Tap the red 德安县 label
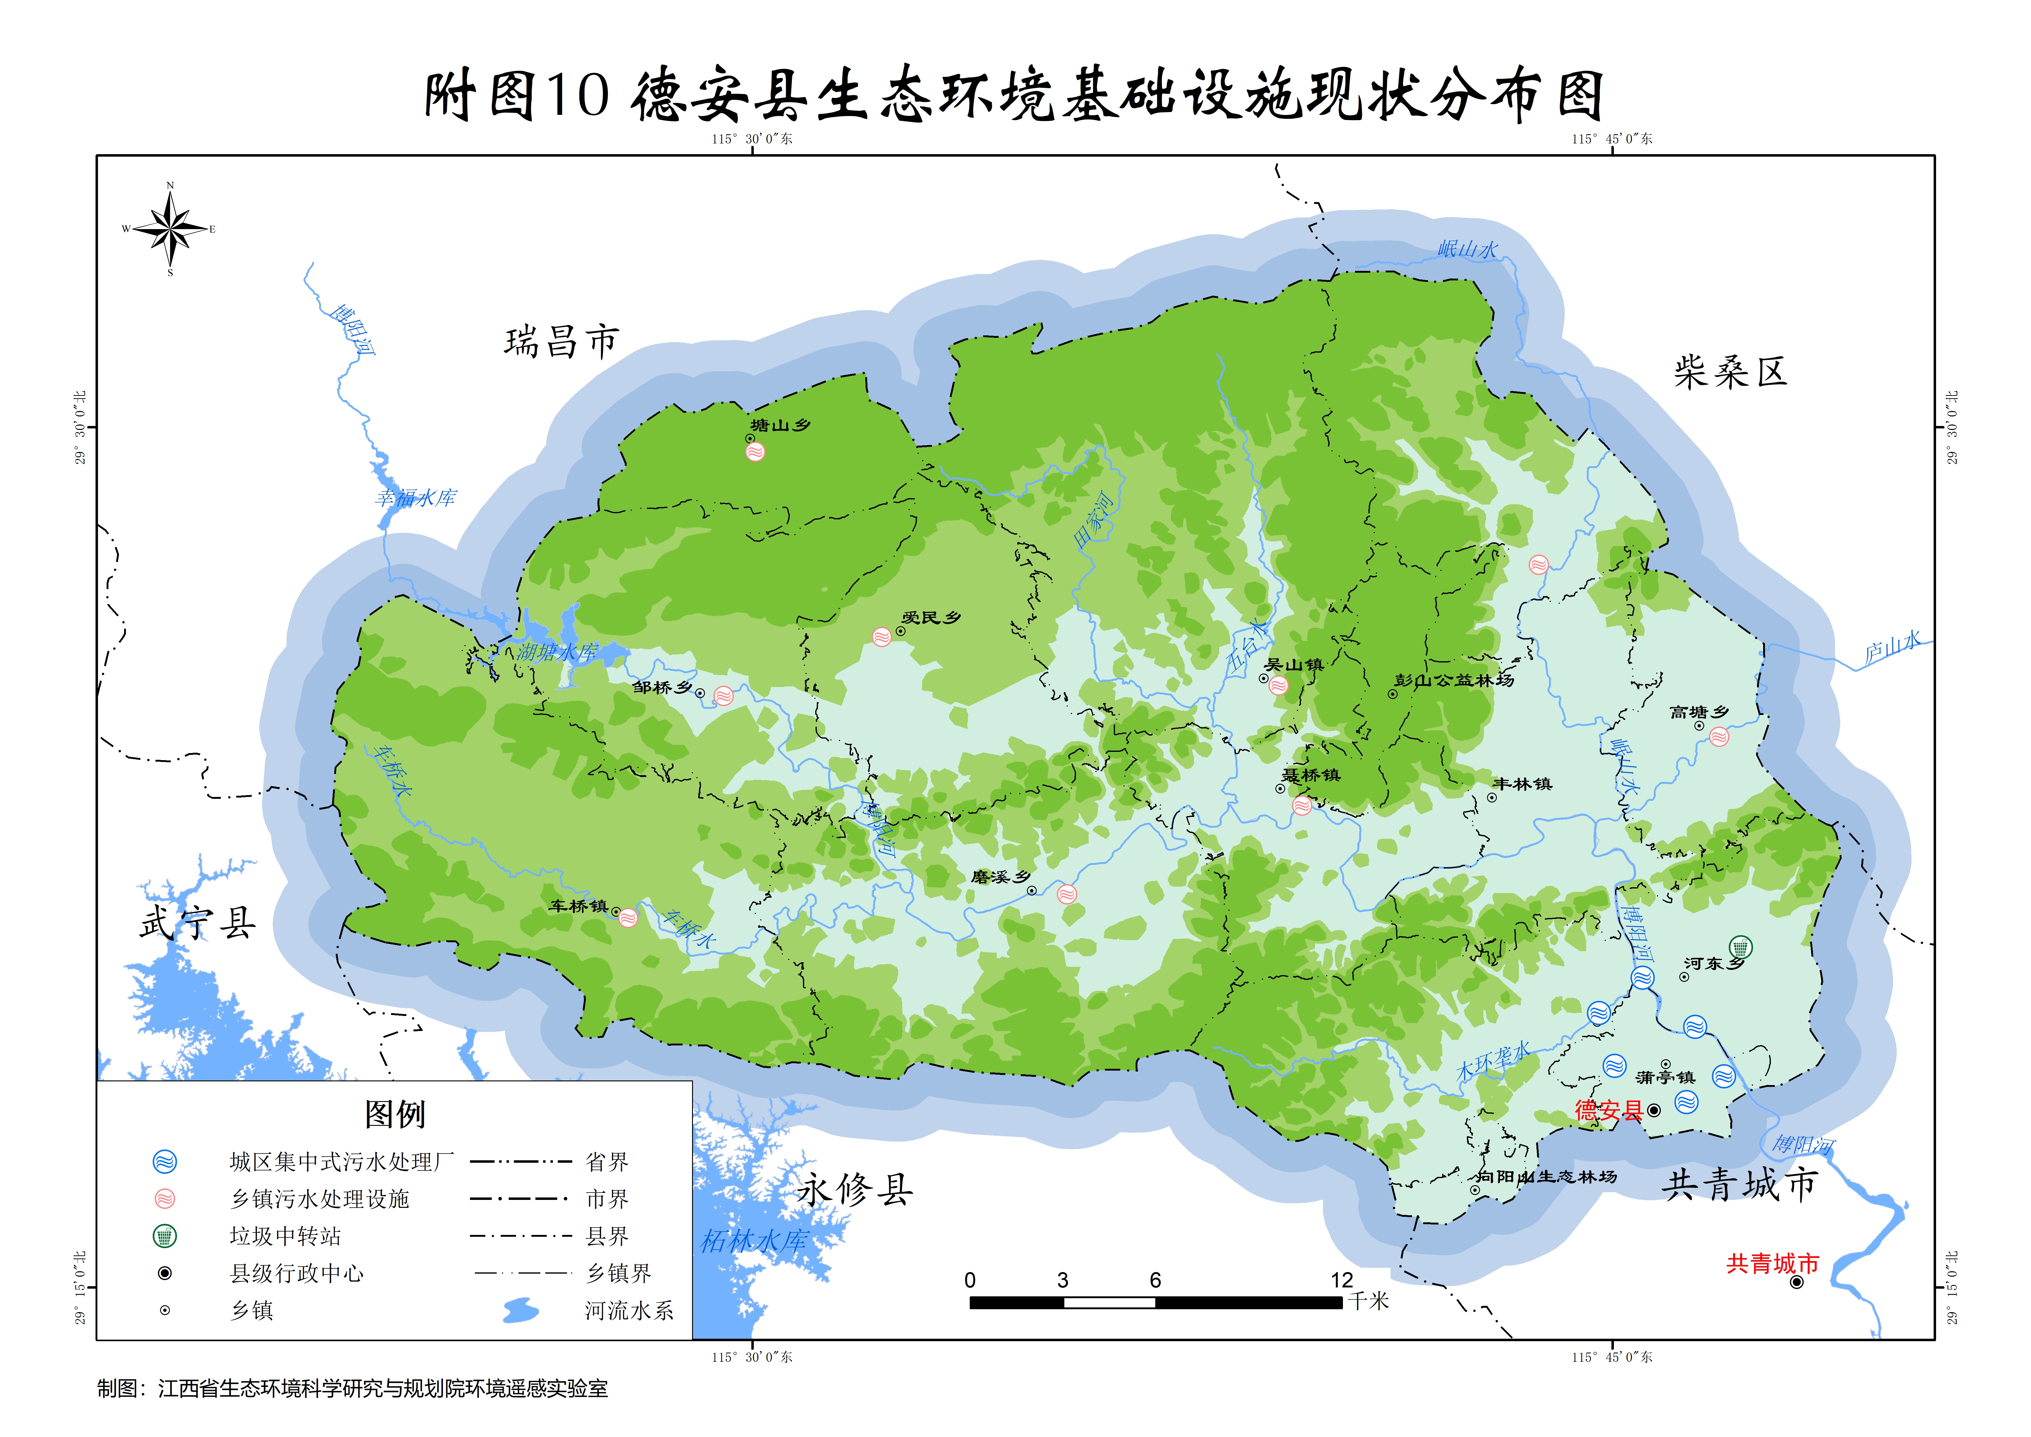(x=1608, y=1111)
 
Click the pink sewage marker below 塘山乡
(x=755, y=452)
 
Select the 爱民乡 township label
(x=931, y=618)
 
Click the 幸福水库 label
(x=415, y=498)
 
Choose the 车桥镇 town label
(x=578, y=906)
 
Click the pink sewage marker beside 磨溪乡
(x=1067, y=894)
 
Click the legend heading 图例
(x=395, y=1114)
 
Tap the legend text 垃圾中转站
(x=285, y=1236)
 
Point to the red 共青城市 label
(x=1772, y=1263)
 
